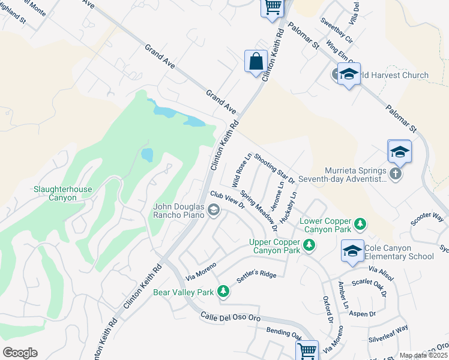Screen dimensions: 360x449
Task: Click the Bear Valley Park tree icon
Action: point(223,292)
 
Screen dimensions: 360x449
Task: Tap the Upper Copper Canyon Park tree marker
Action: point(309,245)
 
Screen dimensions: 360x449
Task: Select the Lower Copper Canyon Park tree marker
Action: point(360,224)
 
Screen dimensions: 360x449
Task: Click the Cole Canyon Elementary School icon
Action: point(352,251)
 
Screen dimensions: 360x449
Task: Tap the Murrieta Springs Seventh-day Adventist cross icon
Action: point(395,174)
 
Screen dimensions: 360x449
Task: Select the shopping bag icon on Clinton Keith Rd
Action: point(256,62)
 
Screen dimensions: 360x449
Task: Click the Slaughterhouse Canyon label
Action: point(63,193)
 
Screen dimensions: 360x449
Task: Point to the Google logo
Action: point(20,353)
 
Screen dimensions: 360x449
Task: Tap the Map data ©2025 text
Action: point(424,355)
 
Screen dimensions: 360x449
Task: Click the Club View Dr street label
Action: point(228,200)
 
